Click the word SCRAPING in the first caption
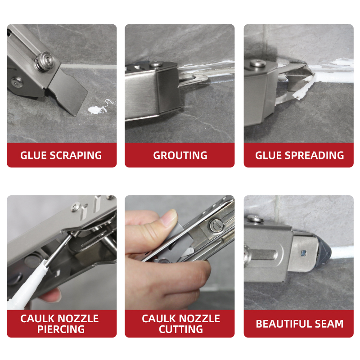(x=76, y=155)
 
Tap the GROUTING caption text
(x=180, y=155)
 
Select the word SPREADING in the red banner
(x=314, y=155)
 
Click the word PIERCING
(x=61, y=329)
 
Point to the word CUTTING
(x=181, y=329)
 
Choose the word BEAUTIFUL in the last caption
(x=283, y=324)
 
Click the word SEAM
(x=329, y=324)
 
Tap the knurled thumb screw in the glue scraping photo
(x=44, y=61)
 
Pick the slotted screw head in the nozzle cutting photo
(x=215, y=225)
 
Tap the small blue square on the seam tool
(x=304, y=253)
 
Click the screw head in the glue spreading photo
(x=257, y=63)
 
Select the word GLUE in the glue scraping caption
(x=33, y=155)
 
